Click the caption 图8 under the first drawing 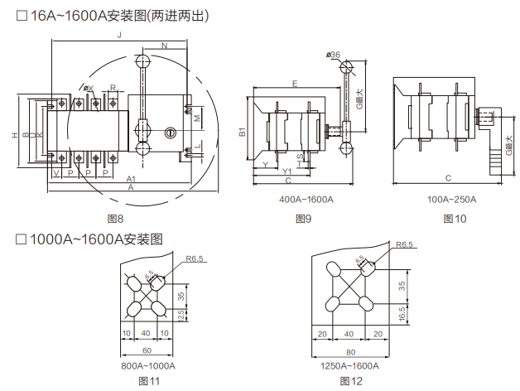(x=116, y=219)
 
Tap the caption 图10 (x=455, y=219)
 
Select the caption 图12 (x=351, y=381)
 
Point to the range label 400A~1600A (x=306, y=200)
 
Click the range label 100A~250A (x=451, y=200)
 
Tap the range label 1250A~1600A (x=349, y=366)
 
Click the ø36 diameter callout (x=334, y=55)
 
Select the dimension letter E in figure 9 (x=296, y=83)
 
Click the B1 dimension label (x=243, y=132)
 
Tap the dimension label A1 (x=131, y=180)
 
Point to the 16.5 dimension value (x=402, y=314)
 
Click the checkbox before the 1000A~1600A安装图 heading (x=22, y=239)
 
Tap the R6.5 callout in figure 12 (x=404, y=245)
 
